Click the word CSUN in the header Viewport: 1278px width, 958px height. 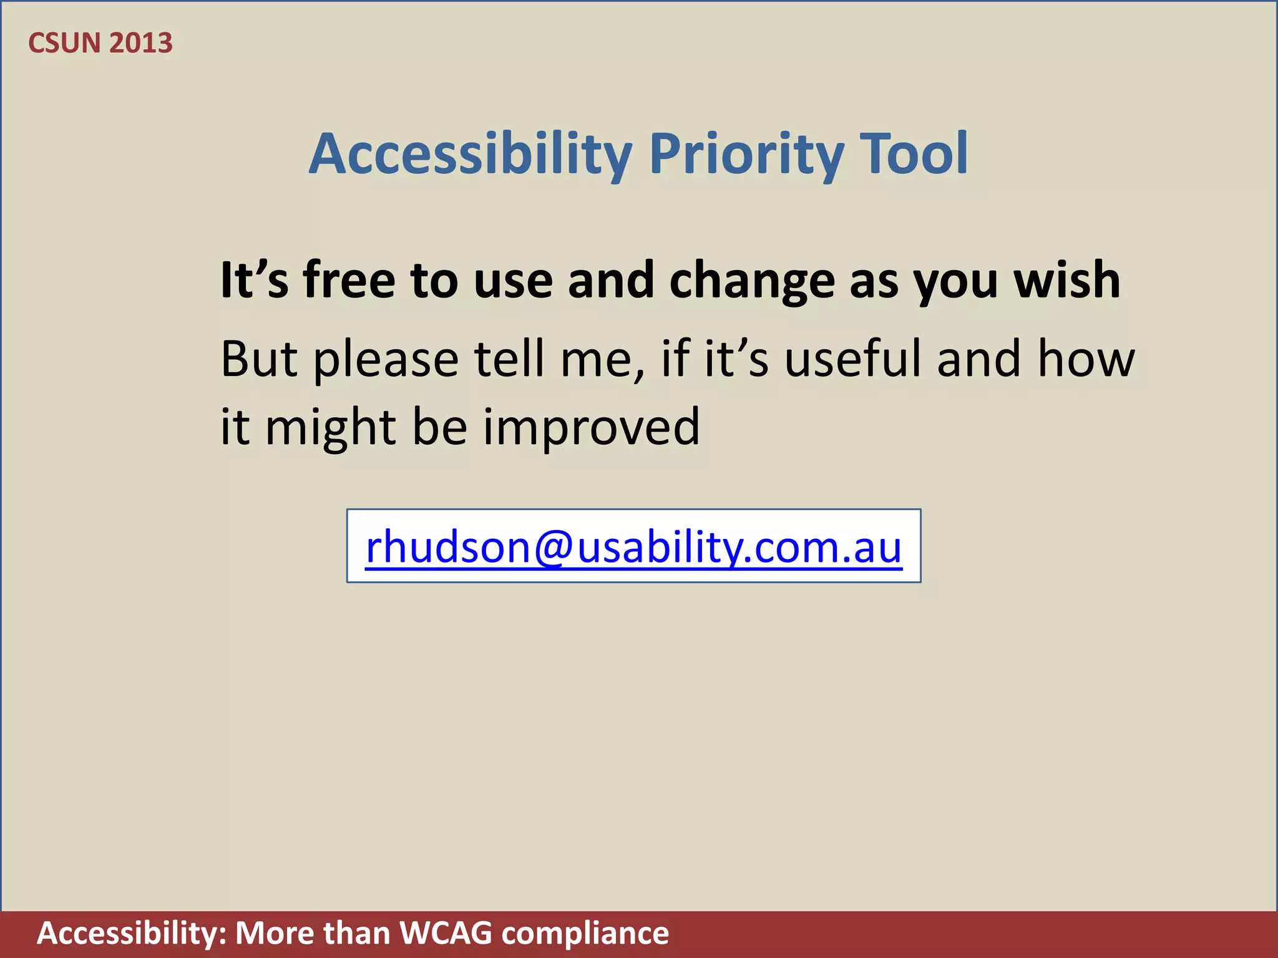coord(64,43)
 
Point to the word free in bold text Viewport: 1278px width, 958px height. coord(349,280)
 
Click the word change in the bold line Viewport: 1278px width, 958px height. coord(751,281)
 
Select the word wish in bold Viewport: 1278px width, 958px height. coord(1066,280)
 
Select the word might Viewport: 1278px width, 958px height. coord(331,428)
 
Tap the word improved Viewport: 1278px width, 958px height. coord(592,428)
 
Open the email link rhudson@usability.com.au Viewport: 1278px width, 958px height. coord(633,547)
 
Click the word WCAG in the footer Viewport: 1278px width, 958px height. coord(446,934)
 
